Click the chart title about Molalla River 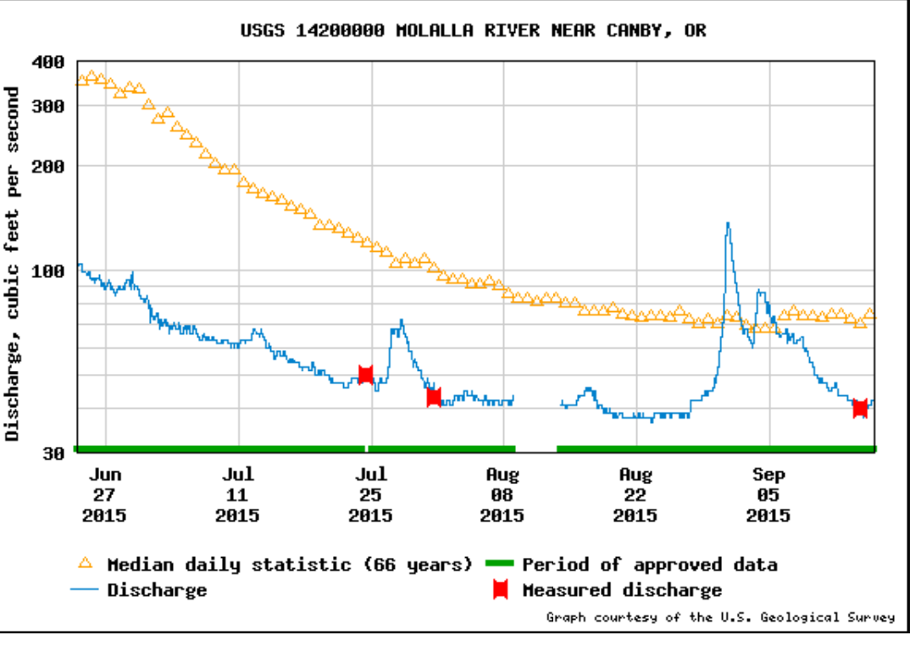coord(473,31)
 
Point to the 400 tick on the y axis coord(47,63)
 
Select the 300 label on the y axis coord(47,106)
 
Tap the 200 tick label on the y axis coord(47,166)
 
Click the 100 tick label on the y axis coord(47,271)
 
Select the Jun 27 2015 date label coord(104,495)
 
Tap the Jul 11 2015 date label coord(237,495)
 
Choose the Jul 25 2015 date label coord(370,495)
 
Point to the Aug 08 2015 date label coord(502,495)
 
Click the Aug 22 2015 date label coord(635,495)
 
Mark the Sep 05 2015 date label coord(768,495)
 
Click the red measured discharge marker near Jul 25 coord(366,374)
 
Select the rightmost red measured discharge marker coord(860,408)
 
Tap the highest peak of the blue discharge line coord(728,224)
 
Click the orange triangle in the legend coord(85,564)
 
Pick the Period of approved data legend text coord(649,565)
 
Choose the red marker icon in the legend coord(501,590)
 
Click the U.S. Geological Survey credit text coord(720,617)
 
